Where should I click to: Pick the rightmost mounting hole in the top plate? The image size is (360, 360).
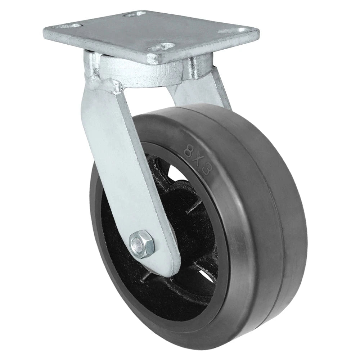pyautogui.click(x=242, y=30)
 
